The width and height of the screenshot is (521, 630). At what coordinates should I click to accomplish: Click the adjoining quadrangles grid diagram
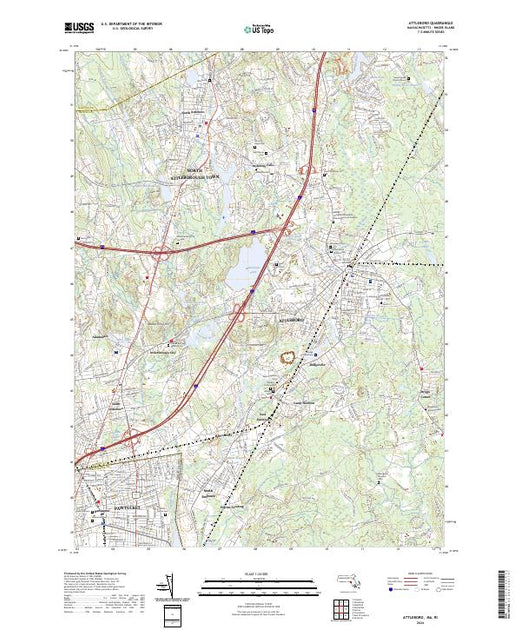pos(345,606)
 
